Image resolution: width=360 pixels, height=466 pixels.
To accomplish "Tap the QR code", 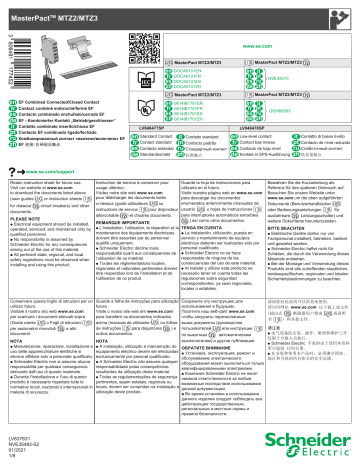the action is tap(254, 26).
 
